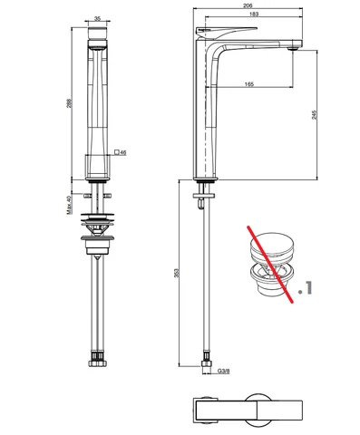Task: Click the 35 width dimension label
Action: (97, 19)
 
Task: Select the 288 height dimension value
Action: (70, 104)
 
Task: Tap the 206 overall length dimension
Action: (248, 6)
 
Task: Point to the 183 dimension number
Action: (254, 14)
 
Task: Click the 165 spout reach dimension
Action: (249, 84)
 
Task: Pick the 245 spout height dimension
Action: (315, 115)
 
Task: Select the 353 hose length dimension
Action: (177, 273)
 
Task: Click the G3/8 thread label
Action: (224, 371)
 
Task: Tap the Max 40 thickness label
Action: (69, 205)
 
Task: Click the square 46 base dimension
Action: (121, 152)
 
